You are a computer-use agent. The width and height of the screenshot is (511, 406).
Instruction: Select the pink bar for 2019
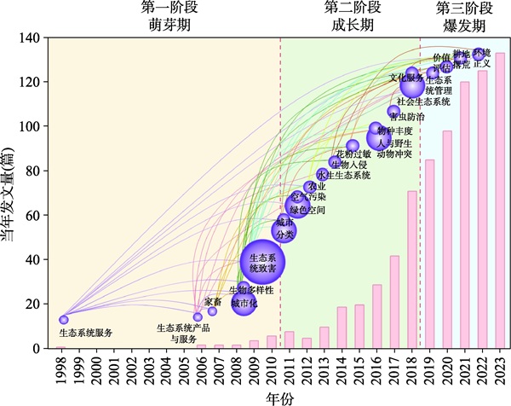point(430,254)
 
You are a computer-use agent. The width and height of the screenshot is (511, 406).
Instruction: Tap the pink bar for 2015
point(359,327)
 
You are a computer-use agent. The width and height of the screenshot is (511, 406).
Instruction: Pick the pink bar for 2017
point(394,302)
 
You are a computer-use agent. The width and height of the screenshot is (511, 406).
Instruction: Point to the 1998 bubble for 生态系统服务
point(64,320)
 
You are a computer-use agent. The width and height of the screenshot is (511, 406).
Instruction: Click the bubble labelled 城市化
point(244,302)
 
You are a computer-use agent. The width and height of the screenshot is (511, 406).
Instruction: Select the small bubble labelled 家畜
point(213,311)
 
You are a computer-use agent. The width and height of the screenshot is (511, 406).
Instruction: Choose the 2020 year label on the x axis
point(448,369)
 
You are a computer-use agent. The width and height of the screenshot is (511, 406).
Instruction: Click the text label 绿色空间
point(307,210)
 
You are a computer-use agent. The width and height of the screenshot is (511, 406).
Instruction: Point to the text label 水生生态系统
point(344,176)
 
